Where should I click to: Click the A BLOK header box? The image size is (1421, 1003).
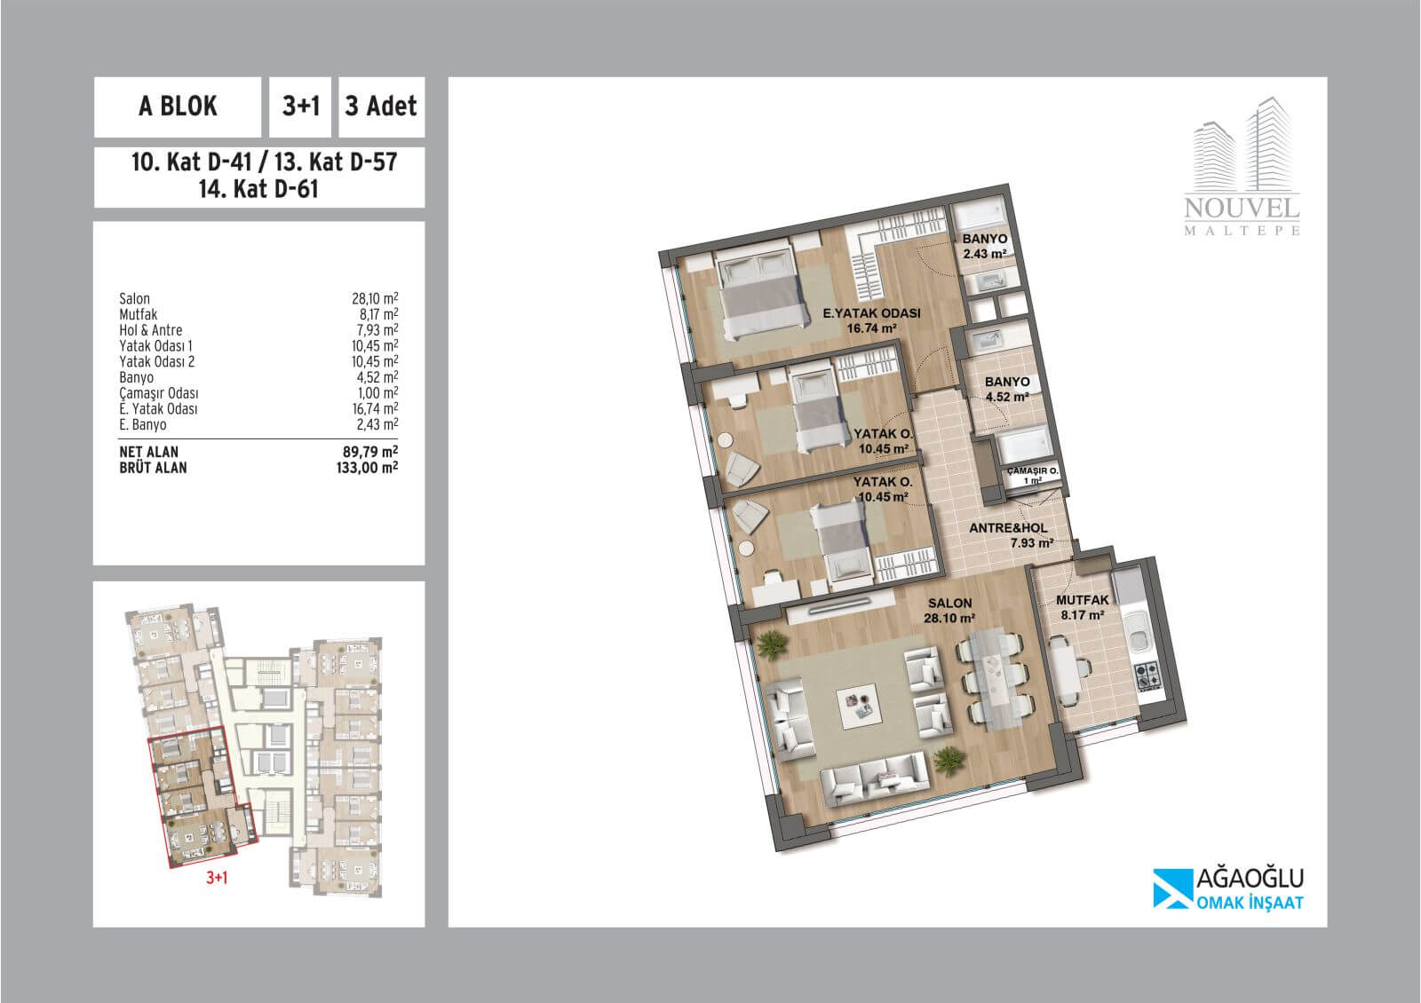pos(178,107)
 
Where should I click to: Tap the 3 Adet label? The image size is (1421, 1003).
pos(381,107)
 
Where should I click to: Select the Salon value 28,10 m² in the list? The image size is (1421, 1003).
pos(375,298)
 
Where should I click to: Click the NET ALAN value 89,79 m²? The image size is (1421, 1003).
pos(370,452)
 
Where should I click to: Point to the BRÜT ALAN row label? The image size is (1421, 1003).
pos(153,468)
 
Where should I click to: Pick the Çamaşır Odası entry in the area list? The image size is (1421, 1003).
pos(159,393)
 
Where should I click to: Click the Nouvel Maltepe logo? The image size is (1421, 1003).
pos(1242,167)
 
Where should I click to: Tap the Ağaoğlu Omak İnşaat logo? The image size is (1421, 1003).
pos(1228,888)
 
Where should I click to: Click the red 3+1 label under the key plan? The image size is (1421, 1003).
pos(217,878)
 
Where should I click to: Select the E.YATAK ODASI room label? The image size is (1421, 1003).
pos(871,313)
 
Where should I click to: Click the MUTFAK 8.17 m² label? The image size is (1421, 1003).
pos(1083,607)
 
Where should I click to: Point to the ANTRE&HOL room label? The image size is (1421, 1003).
pos(1008,528)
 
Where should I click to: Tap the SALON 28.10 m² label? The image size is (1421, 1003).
pos(949,611)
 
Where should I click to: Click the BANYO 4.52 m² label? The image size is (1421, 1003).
pos(1007,390)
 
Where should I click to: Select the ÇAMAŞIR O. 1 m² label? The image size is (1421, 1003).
pos(1032,476)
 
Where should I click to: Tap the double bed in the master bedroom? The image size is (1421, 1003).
pos(760,291)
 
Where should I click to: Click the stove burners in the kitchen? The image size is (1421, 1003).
pos(1147,675)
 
